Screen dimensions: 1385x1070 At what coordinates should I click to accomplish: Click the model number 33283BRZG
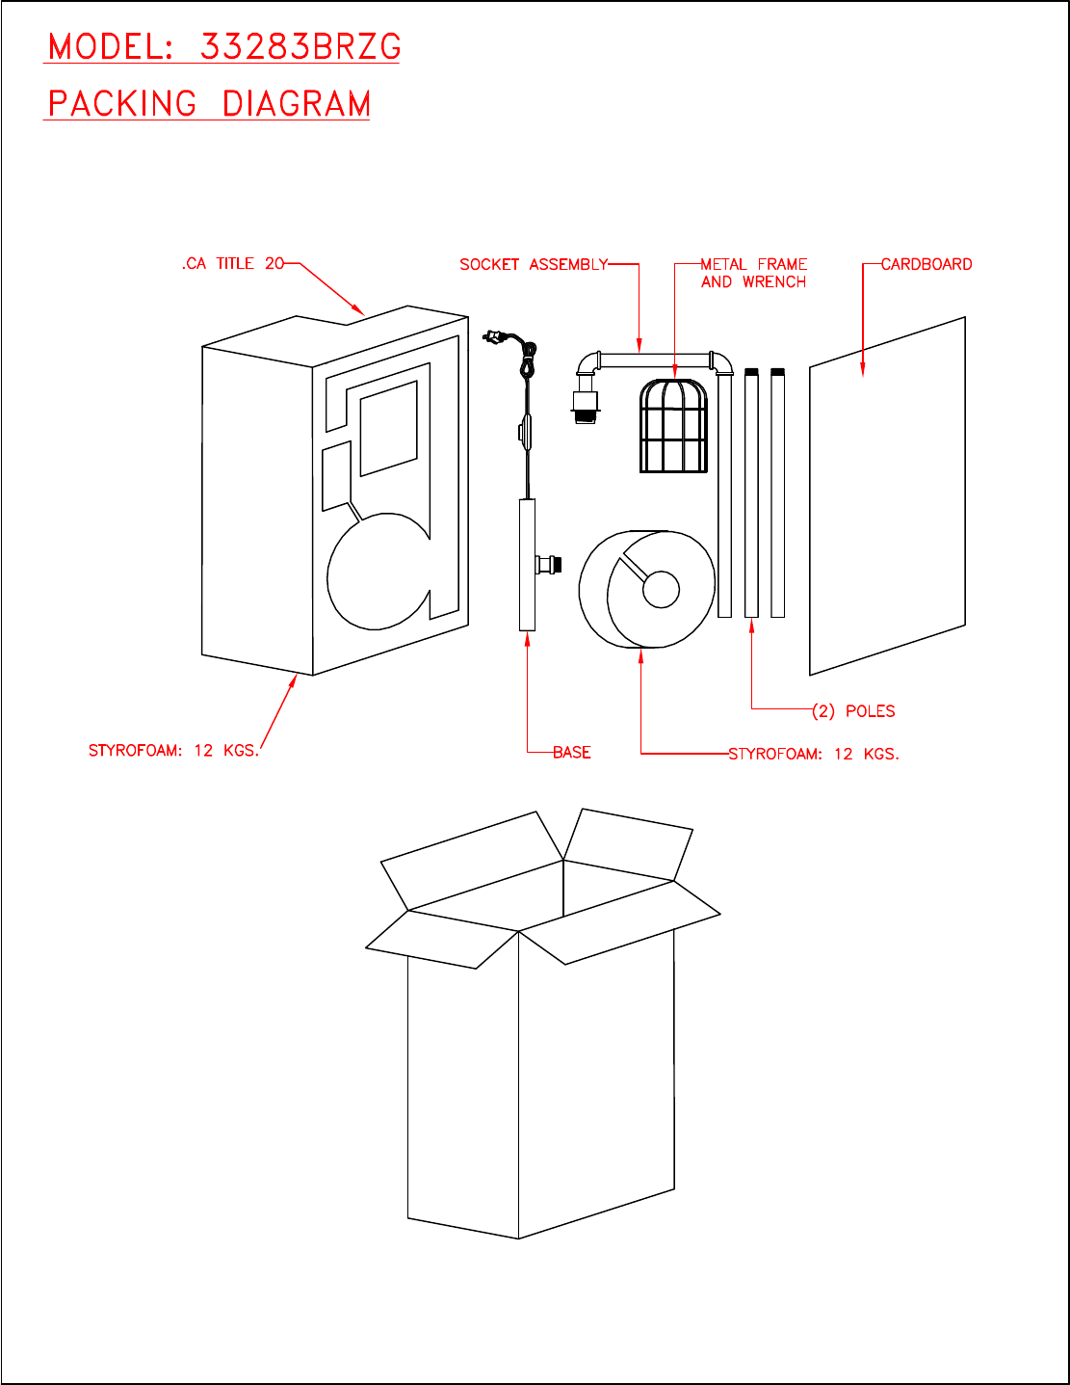(x=300, y=46)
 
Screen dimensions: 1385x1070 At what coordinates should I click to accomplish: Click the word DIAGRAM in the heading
(x=297, y=104)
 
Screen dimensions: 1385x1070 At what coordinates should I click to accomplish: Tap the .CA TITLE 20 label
(x=233, y=264)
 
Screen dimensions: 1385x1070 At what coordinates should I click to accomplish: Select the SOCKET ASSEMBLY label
(x=534, y=264)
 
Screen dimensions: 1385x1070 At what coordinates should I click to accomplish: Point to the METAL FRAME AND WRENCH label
(x=753, y=273)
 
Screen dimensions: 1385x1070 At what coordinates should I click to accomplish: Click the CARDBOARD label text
(x=926, y=264)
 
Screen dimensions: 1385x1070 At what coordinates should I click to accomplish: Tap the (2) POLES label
(x=853, y=711)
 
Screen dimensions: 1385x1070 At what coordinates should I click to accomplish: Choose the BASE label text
(x=572, y=752)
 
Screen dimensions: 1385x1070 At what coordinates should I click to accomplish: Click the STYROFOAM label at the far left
(x=173, y=750)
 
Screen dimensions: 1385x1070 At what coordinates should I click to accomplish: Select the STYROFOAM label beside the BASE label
(x=814, y=754)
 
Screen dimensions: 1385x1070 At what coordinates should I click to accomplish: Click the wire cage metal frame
(x=674, y=426)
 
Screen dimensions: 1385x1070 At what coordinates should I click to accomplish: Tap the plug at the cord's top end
(x=492, y=336)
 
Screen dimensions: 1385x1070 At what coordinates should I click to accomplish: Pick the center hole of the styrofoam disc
(x=661, y=590)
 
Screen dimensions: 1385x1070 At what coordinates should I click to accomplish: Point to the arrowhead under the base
(x=527, y=638)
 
